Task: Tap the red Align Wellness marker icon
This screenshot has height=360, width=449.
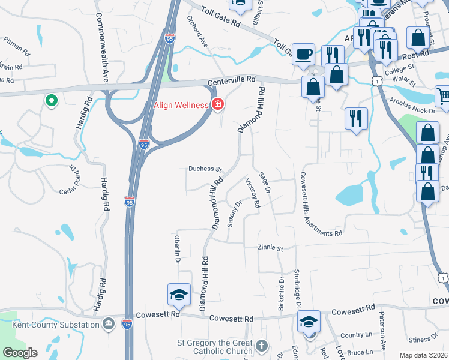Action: tap(217, 105)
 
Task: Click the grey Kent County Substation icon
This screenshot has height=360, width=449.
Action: tap(108, 325)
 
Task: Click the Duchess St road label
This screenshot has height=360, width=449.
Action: tap(206, 169)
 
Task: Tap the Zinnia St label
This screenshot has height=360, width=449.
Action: tap(270, 247)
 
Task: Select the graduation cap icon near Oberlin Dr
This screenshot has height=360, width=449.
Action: tap(179, 294)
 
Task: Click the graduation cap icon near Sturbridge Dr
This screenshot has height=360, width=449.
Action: tap(309, 321)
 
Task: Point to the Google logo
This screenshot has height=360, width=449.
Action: tap(20, 353)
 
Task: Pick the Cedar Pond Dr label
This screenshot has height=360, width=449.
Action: tap(73, 182)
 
